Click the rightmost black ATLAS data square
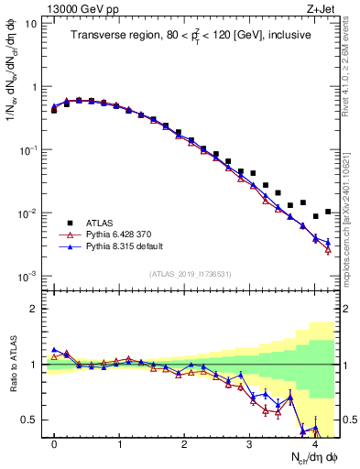(328, 212)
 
